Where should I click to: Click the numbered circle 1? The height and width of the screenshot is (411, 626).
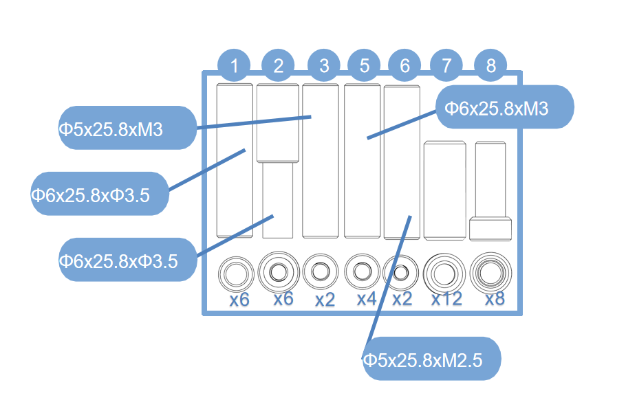coord(235,66)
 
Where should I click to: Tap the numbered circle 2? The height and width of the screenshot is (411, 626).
coord(279,66)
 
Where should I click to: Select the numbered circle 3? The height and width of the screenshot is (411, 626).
coord(324,66)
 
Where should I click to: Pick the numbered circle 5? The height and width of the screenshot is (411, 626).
coord(365,66)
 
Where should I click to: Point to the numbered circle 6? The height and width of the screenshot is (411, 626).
coord(404,66)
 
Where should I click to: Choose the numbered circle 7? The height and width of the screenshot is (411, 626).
coord(447,66)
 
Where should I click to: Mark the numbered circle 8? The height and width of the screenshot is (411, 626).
coord(490,66)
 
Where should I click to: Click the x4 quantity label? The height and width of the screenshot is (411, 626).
coord(366,299)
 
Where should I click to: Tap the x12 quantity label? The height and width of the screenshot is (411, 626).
coord(447,299)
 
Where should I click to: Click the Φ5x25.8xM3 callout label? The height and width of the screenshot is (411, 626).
coord(127,129)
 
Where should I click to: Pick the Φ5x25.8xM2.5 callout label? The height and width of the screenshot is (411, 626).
coord(431,359)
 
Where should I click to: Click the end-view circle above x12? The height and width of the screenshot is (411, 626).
coord(444,274)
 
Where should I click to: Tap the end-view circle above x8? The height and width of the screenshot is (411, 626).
coord(490,273)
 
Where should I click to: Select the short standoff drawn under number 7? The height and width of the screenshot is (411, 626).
coord(444,190)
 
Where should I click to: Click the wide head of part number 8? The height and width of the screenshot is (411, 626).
coord(490,229)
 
